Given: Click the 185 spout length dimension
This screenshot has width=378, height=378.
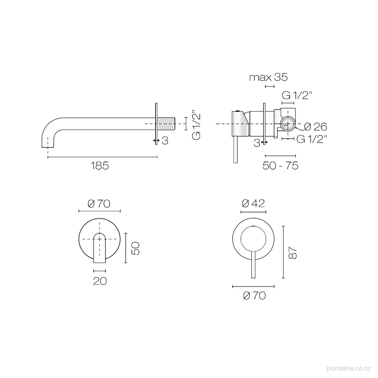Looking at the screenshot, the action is tap(100, 166).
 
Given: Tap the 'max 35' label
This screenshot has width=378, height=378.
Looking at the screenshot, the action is tap(268, 77).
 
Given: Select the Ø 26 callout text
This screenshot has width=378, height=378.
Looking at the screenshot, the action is tap(316, 127).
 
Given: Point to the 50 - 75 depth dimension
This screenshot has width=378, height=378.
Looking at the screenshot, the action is tap(280, 166).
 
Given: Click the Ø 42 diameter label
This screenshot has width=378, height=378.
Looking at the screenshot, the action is tap(254, 203).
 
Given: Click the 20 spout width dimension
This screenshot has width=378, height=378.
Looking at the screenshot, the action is tap(100, 281).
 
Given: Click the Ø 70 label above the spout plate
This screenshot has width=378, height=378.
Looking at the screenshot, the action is tap(99, 204).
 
